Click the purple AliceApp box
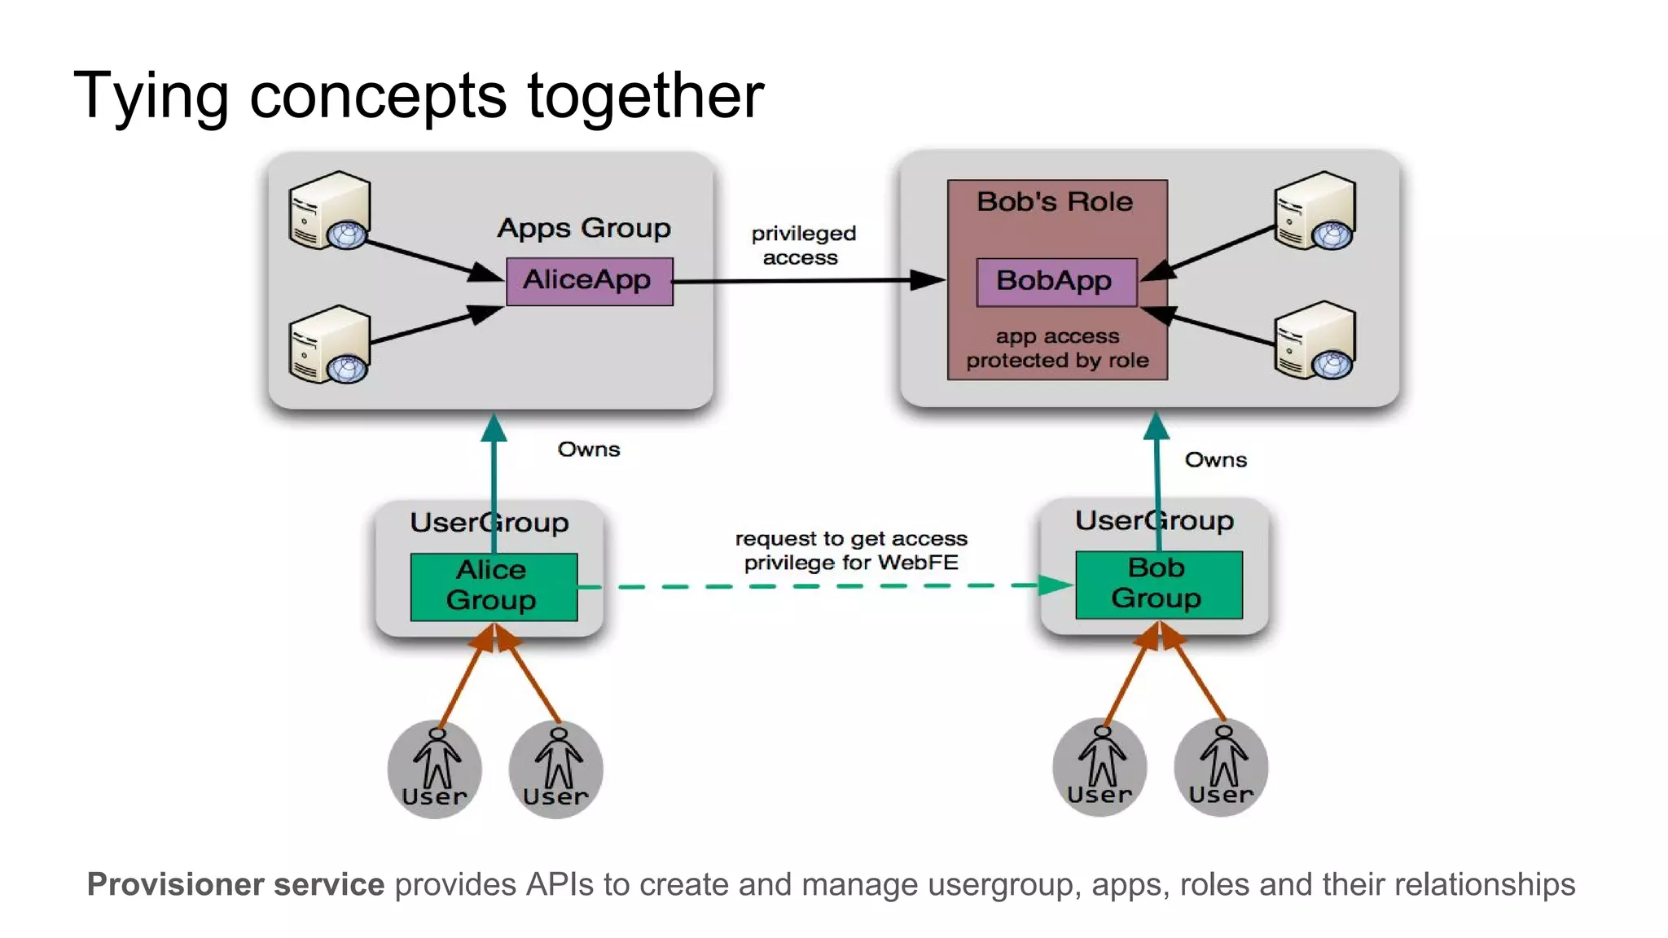point(589,281)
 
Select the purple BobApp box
point(1056,282)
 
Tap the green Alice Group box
point(494,586)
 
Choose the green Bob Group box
point(1158,584)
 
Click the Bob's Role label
point(1055,201)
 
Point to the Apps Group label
point(584,227)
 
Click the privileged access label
point(802,245)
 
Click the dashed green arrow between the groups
point(814,585)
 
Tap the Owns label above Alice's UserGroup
point(588,449)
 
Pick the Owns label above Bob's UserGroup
point(1215,460)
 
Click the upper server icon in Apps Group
point(330,211)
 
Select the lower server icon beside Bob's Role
point(1315,340)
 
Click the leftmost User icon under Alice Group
point(435,769)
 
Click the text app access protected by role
point(1057,348)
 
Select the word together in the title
point(645,96)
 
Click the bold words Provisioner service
point(235,884)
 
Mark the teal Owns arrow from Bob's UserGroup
point(1157,464)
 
